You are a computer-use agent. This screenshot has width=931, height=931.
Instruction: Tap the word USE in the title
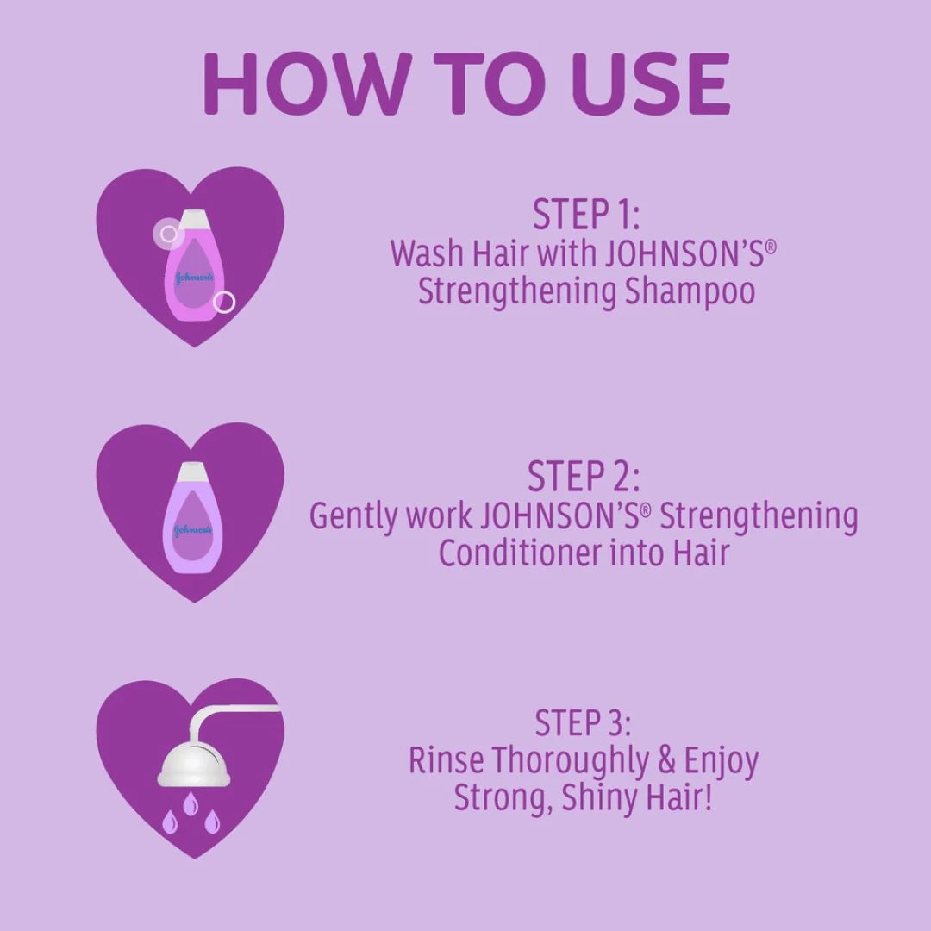[x=653, y=83]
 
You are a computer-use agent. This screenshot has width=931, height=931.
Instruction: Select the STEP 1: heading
[x=586, y=215]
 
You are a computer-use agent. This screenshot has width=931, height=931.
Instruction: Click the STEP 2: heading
[x=584, y=476]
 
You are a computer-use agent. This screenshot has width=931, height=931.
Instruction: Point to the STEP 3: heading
[x=583, y=722]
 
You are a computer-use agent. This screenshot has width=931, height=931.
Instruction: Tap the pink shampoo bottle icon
[x=192, y=265]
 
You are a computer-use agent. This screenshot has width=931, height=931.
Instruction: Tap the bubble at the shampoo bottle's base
[x=224, y=303]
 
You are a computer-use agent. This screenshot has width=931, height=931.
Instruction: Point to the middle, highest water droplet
[x=191, y=803]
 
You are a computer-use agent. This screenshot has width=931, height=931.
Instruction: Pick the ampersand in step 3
[x=666, y=761]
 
